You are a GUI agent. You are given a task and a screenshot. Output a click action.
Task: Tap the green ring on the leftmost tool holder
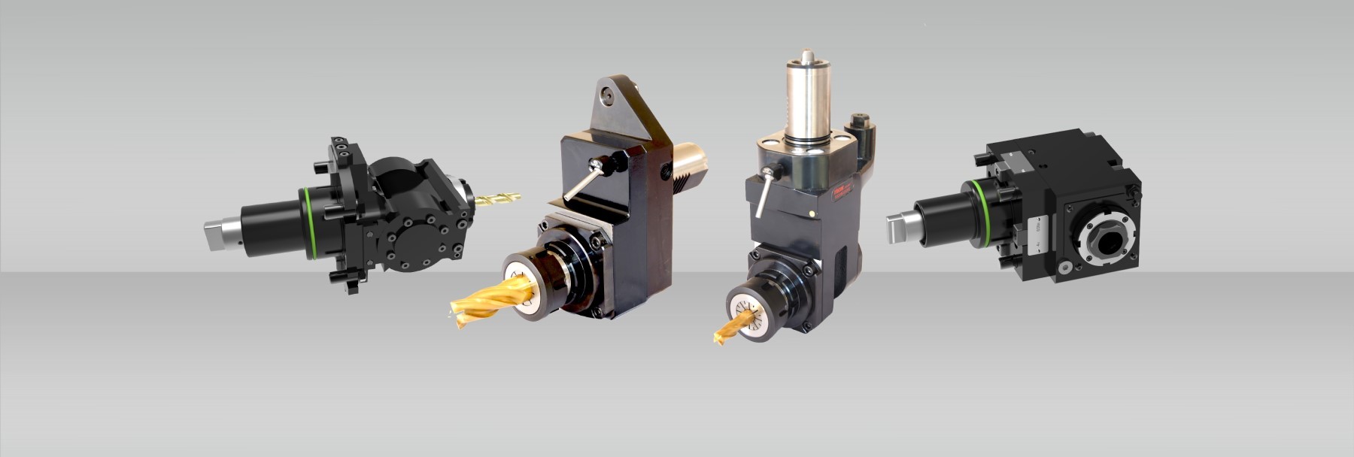coord(309,223)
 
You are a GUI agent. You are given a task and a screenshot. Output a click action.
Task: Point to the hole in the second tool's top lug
coord(608,95)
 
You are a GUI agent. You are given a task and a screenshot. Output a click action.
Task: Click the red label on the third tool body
coord(840,198)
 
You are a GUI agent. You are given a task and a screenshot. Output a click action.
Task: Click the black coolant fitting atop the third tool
coord(861,125)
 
